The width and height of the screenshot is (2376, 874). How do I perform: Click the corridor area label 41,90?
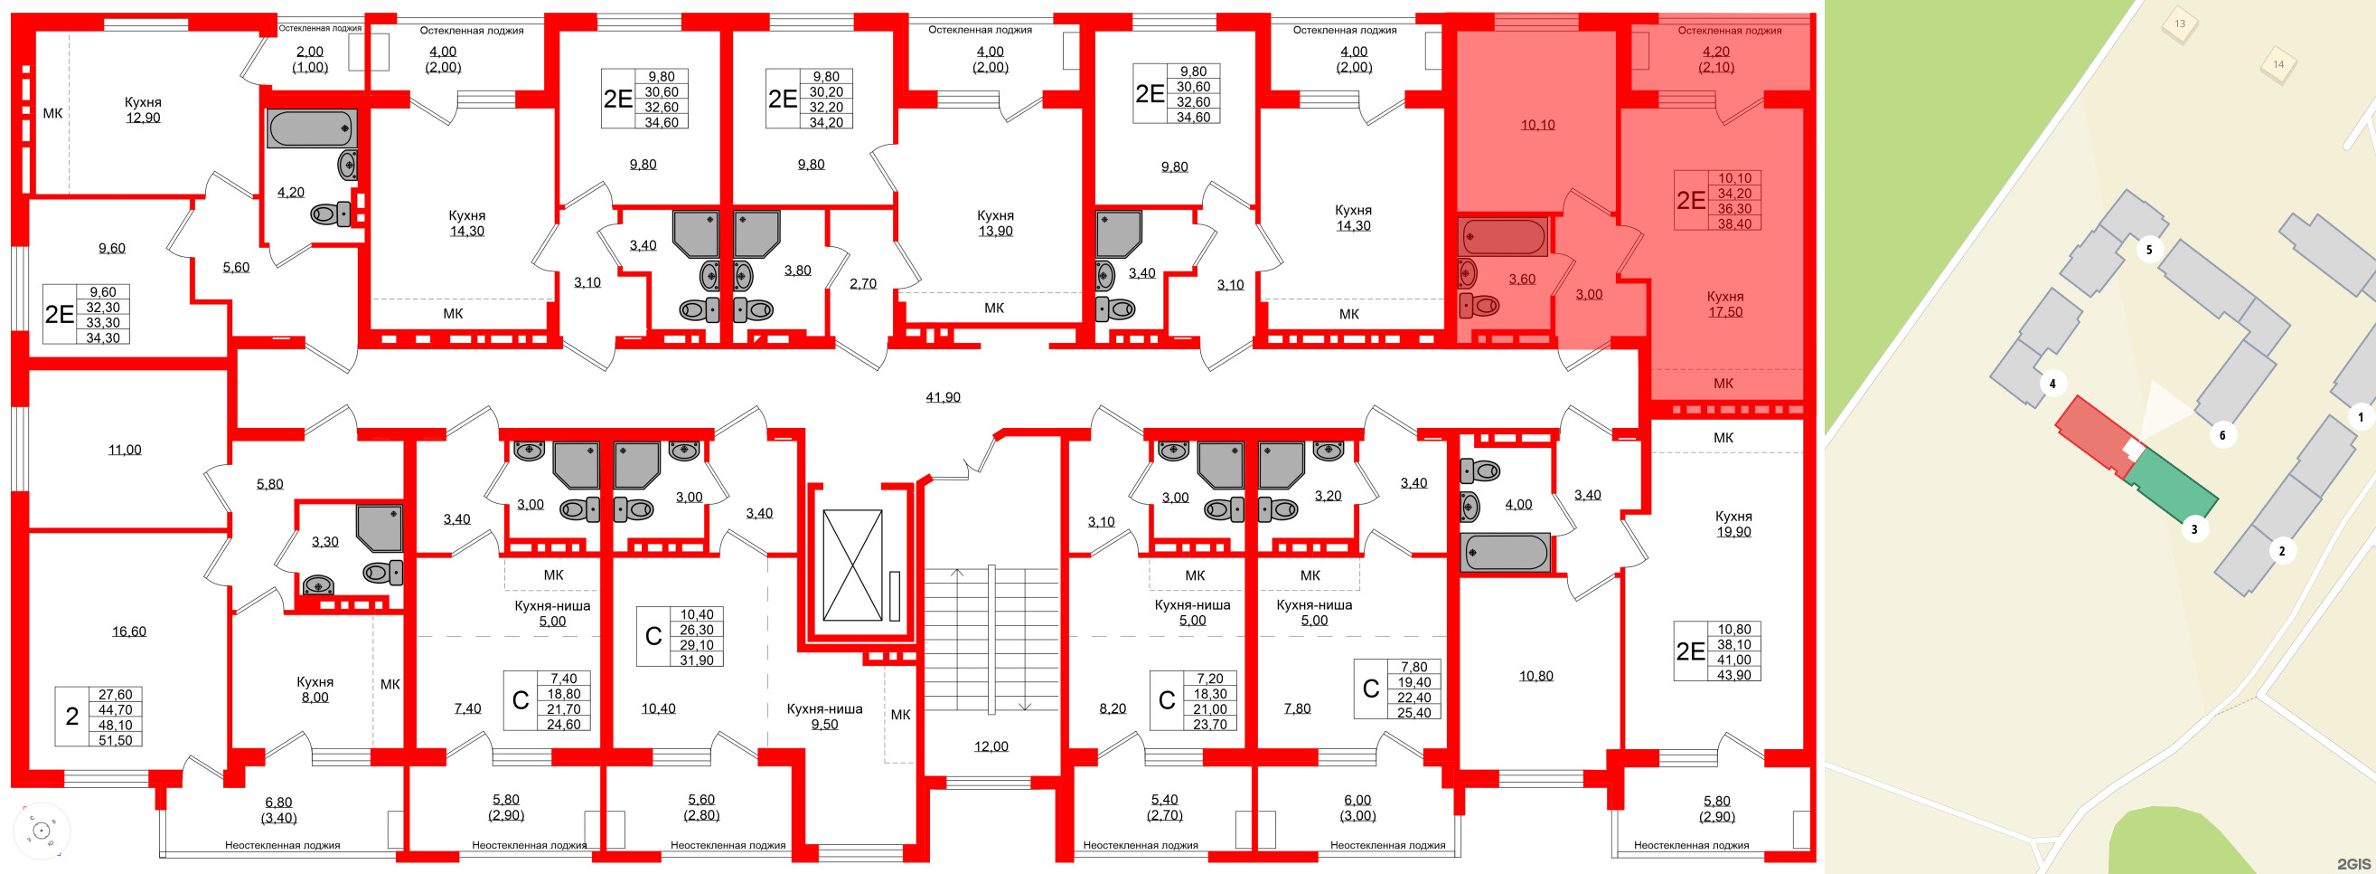point(943,397)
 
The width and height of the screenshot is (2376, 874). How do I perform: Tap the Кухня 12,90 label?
point(143,109)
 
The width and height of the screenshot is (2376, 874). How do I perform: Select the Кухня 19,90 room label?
point(1733,523)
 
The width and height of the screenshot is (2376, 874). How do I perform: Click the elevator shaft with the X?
point(852,565)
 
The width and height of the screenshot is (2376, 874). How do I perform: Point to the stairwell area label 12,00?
point(991,746)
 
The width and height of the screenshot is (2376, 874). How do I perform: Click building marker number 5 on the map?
point(2148,250)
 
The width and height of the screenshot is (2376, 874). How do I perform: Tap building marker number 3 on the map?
point(2194,528)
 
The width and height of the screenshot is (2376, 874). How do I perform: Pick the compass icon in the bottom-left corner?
point(42,831)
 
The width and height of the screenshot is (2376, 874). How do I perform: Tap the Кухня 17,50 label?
point(1723,304)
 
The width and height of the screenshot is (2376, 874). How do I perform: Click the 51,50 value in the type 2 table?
point(116,740)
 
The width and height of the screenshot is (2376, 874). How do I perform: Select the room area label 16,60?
point(129,632)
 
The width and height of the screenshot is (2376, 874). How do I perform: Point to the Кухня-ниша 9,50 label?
point(823,717)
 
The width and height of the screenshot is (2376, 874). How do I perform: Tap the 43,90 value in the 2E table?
point(1733,675)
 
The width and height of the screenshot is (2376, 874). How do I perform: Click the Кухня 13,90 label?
point(995,223)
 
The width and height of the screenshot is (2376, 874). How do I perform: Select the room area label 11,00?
point(125,450)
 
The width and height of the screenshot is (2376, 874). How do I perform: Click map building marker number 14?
point(2278,64)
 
